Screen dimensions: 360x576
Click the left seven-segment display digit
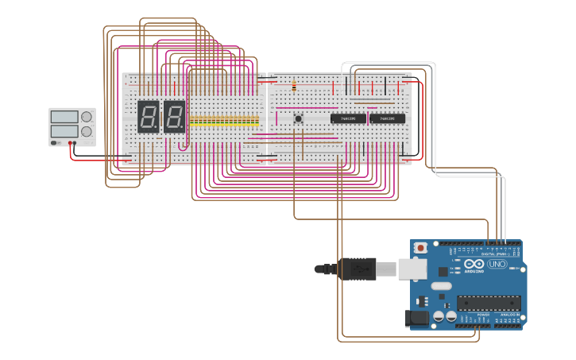tap(148, 117)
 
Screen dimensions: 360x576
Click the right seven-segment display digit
tap(174, 117)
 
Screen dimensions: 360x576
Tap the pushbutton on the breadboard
tap(299, 118)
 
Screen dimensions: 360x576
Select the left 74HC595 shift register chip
tap(348, 118)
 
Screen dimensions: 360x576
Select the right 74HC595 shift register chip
tap(387, 118)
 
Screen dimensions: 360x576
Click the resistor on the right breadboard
tap(295, 85)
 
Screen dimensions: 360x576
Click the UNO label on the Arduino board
tap(497, 264)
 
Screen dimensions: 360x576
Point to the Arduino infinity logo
tap(474, 264)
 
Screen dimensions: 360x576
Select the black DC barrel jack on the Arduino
tap(417, 319)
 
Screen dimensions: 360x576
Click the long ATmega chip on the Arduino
tap(489, 303)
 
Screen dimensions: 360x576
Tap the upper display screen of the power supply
tap(64, 117)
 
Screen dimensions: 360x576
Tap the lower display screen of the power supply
tap(64, 131)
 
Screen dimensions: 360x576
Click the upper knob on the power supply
tap(87, 117)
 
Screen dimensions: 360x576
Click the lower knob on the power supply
tap(87, 131)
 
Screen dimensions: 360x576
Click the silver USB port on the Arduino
tap(412, 269)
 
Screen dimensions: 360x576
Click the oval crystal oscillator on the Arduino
tap(442, 285)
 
